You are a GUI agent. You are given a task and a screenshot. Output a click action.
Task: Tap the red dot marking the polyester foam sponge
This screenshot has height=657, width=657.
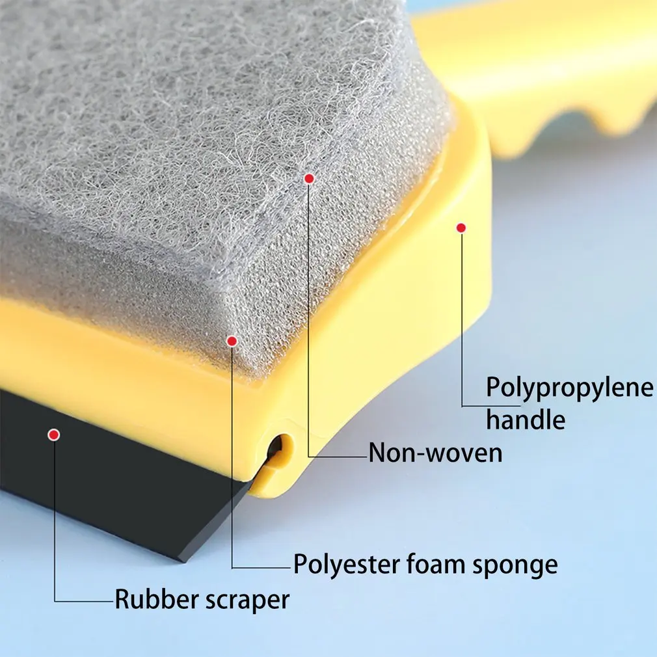pos(232,340)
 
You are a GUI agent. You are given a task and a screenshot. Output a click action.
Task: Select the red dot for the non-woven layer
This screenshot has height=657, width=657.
pos(309,178)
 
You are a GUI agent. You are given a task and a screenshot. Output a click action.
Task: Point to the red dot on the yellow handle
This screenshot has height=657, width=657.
pos(461,227)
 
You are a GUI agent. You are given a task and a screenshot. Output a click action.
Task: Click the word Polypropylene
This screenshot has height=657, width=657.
pos(570,388)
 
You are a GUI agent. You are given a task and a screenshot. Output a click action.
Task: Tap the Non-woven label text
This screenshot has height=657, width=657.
pos(435,453)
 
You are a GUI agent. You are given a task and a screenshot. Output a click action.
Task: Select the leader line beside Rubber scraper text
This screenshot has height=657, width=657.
pos(85,600)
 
